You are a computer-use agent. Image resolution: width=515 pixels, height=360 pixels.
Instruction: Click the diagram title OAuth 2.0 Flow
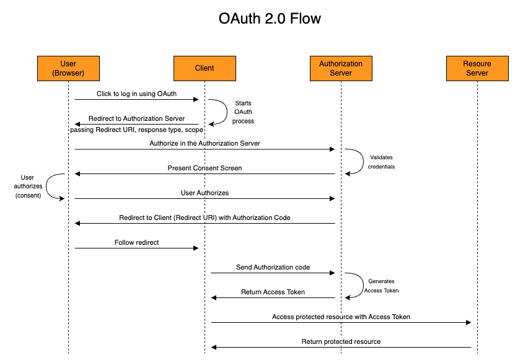(x=270, y=19)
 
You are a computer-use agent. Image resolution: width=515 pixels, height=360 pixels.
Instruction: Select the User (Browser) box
(x=68, y=68)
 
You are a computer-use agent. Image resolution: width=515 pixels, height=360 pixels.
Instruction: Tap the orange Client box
(x=205, y=68)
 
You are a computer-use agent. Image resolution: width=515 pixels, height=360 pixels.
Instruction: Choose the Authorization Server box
(x=341, y=68)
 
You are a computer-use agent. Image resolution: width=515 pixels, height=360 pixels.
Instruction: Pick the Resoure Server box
(x=477, y=68)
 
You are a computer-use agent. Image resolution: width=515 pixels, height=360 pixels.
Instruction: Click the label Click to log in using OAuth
(x=136, y=94)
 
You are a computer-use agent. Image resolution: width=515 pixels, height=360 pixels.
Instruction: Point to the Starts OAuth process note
(x=243, y=112)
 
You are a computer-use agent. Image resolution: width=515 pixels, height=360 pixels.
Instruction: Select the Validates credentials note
(x=381, y=162)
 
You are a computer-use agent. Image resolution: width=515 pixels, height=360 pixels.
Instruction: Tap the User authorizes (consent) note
(x=28, y=187)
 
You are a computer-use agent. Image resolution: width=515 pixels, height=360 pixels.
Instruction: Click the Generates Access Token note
(x=381, y=286)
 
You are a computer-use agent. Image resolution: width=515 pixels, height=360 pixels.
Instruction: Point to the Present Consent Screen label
(x=205, y=168)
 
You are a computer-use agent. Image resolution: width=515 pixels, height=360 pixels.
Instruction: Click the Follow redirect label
(x=136, y=242)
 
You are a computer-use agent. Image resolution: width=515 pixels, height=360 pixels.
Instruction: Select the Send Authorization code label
(x=273, y=267)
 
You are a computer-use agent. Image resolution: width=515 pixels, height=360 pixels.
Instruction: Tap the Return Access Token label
(x=273, y=292)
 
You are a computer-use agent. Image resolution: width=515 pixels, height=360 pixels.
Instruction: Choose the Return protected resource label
(x=341, y=341)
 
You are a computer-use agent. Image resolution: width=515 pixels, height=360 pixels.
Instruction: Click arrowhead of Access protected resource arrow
(x=469, y=323)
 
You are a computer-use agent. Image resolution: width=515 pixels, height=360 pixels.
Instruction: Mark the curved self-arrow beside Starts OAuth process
(x=227, y=112)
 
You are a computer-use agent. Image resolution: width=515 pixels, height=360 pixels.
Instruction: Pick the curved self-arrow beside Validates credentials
(x=363, y=161)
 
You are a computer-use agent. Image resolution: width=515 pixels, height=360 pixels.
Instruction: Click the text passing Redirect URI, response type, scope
(x=136, y=130)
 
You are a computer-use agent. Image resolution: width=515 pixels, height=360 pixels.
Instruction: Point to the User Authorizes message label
(x=205, y=193)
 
